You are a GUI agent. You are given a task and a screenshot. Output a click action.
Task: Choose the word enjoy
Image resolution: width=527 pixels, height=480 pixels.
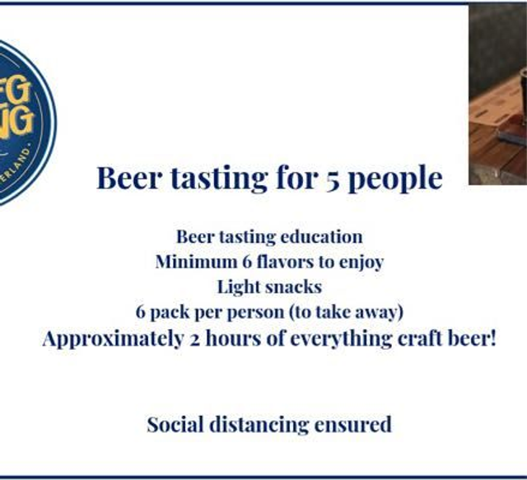coord(360,263)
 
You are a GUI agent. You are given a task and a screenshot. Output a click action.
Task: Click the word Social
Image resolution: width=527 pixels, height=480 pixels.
coord(176,425)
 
